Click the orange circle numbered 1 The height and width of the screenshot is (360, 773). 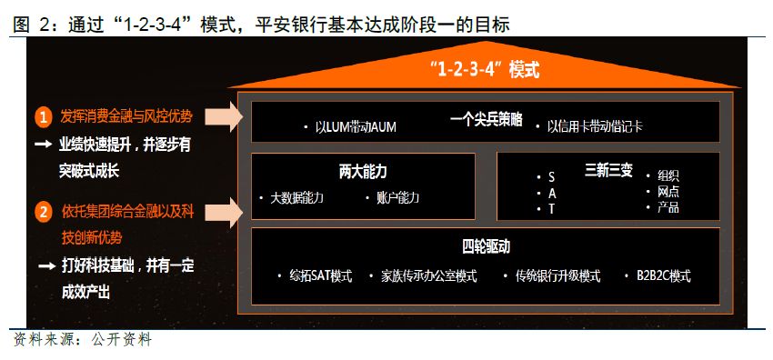[x=43, y=116]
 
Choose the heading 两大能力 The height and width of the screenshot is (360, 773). [x=363, y=170]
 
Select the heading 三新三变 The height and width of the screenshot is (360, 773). [x=608, y=170]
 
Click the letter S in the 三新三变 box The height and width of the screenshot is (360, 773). [x=551, y=176]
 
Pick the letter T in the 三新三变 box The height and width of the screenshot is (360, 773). [x=551, y=209]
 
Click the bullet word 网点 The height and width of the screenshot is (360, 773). [x=668, y=192]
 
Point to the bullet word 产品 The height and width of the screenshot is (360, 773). [x=668, y=208]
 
